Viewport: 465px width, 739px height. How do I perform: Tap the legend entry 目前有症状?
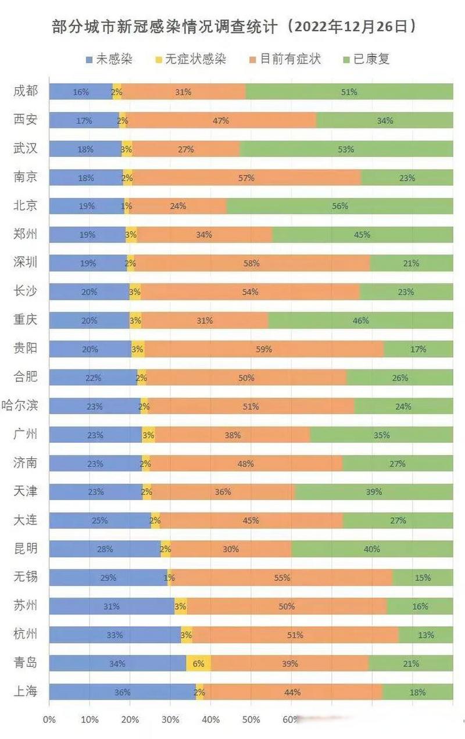[284, 59]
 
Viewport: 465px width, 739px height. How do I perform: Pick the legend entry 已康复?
[366, 59]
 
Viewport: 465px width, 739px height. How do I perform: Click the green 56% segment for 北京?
[339, 206]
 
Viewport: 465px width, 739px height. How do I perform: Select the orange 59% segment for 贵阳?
[264, 349]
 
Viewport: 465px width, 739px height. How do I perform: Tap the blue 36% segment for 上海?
[122, 692]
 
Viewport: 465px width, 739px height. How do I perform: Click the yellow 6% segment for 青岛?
[199, 663]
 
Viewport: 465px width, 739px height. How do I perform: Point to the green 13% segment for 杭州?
[425, 635]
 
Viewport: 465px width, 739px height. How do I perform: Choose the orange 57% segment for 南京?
[246, 178]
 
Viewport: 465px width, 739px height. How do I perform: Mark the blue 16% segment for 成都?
[81, 92]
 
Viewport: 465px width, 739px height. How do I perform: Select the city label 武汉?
[26, 149]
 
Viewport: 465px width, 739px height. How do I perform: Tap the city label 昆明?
[26, 548]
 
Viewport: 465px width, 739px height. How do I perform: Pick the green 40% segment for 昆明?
[372, 549]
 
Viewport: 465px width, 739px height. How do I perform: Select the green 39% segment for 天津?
[374, 492]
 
